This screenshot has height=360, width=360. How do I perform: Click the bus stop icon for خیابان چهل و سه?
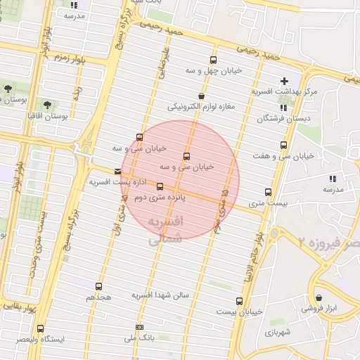(213, 60)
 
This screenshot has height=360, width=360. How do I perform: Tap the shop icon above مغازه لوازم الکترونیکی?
(201, 96)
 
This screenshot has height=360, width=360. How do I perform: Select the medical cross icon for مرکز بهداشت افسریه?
(284, 81)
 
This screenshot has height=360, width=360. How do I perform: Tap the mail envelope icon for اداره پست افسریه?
(117, 171)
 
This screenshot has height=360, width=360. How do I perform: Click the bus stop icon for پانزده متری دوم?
(160, 187)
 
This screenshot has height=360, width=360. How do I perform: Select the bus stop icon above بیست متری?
(268, 191)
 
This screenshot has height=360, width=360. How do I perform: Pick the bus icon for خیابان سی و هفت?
(283, 145)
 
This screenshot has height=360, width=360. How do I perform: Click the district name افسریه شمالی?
(167, 230)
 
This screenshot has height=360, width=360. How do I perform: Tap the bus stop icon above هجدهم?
(98, 286)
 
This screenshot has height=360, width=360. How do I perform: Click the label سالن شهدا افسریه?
(161, 295)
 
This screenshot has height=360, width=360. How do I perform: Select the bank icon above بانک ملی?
(139, 327)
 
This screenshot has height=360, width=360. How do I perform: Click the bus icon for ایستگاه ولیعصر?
(40, 328)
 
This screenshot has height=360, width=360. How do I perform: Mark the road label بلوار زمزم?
(71, 58)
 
